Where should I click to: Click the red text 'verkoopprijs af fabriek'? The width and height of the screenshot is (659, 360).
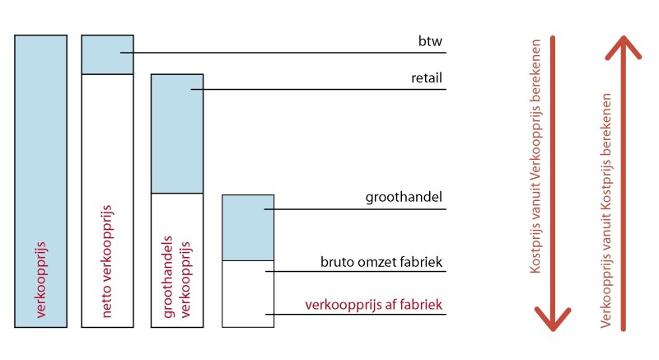point(374,306)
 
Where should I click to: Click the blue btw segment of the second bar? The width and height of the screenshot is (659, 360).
point(107,54)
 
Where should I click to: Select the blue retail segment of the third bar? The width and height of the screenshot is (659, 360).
point(176,133)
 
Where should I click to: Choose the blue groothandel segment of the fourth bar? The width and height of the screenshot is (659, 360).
point(248,227)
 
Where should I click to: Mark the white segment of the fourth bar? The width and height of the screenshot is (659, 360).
point(248,293)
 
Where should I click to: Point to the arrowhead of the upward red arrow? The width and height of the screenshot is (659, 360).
point(624,48)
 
